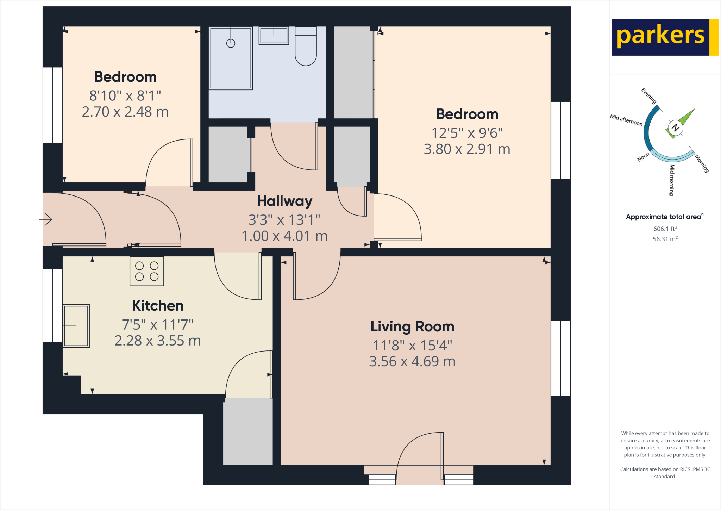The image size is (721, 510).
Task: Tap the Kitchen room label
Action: [x=158, y=306]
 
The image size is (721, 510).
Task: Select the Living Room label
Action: [x=412, y=326]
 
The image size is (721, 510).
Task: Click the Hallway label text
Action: [x=284, y=201]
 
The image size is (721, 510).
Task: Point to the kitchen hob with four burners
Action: [x=147, y=271]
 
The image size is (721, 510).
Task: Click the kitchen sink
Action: [x=76, y=326]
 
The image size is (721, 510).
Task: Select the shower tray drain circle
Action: [x=231, y=43]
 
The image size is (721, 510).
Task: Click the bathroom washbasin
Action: [x=274, y=36]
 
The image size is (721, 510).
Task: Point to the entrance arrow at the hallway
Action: [x=46, y=219]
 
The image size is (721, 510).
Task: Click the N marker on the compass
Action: [x=675, y=127]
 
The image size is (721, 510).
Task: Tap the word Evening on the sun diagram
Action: [x=649, y=96]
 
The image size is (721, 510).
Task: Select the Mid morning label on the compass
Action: [x=672, y=180]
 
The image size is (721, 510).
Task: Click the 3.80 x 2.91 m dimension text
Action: [x=467, y=149]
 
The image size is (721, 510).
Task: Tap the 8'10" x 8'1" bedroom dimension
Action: [x=125, y=95]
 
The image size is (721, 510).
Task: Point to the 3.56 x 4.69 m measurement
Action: [x=412, y=361]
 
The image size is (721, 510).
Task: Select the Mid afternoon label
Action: [x=626, y=120]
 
